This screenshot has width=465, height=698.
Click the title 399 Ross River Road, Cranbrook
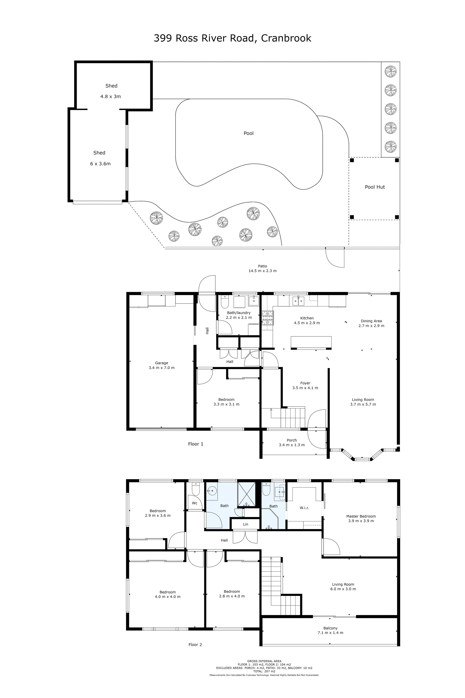(232, 38)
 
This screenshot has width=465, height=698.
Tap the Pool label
(248, 133)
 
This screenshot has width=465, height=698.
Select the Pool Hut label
(375, 187)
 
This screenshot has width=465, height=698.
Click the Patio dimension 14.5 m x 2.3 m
(262, 271)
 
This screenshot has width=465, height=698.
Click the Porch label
(292, 440)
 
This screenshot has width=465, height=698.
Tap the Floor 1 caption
(196, 444)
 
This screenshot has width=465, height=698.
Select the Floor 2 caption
(195, 645)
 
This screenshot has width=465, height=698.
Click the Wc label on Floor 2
(194, 503)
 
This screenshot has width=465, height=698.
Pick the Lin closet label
(246, 524)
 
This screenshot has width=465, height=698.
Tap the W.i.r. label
(304, 508)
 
